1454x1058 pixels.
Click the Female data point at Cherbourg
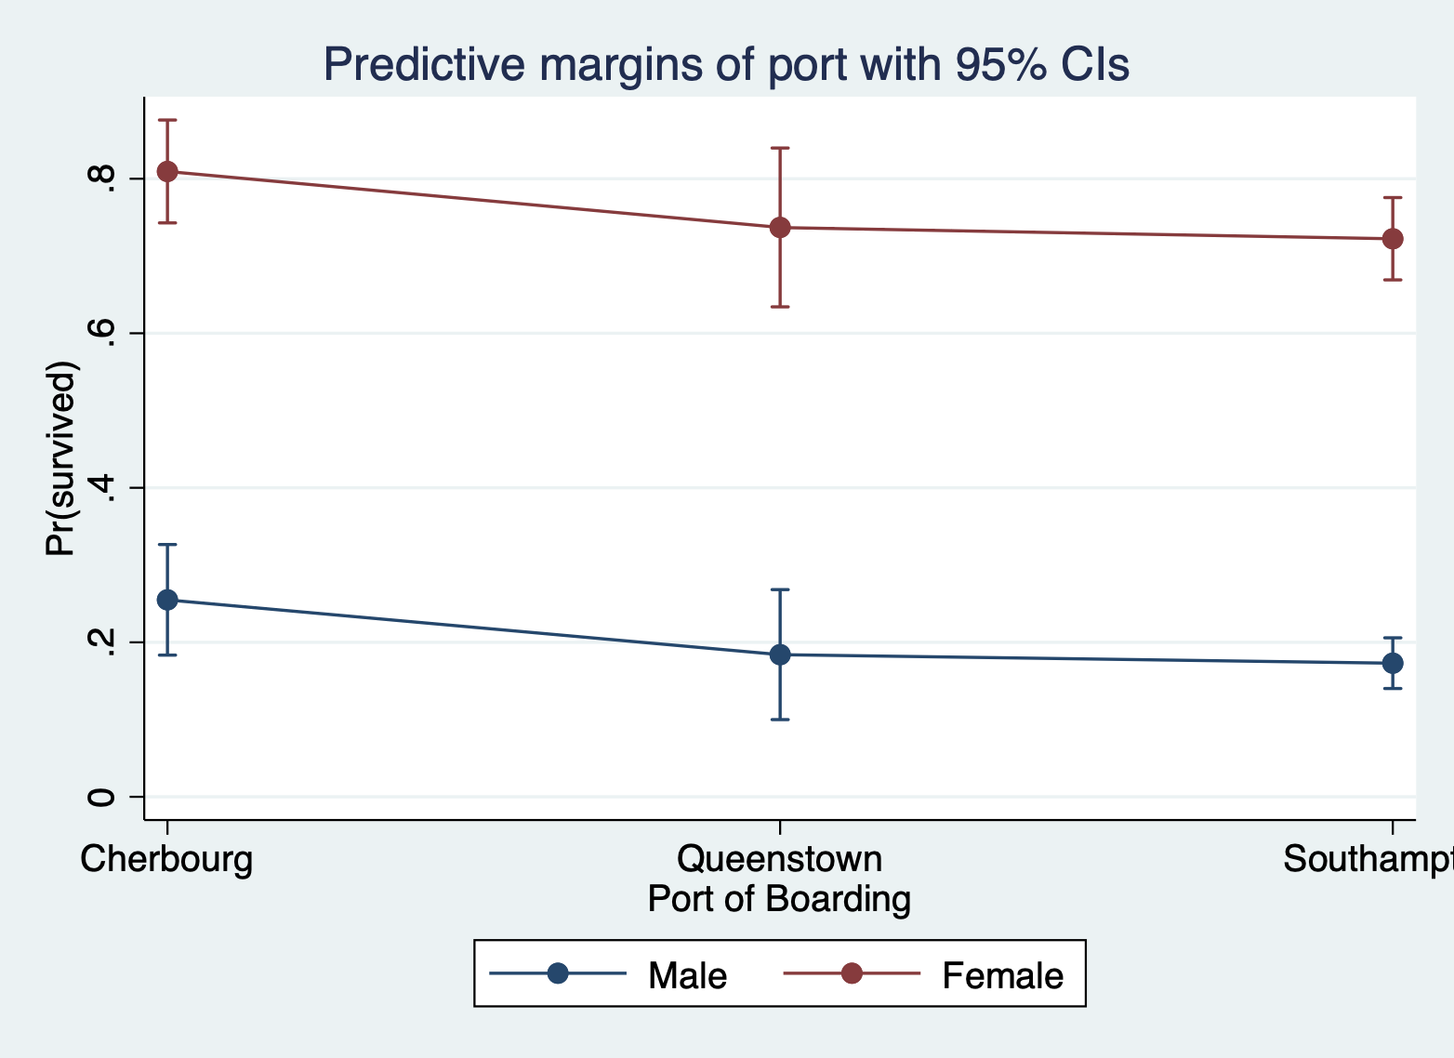tap(167, 172)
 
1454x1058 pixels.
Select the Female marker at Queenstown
tap(780, 228)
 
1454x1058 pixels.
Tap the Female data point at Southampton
tap(1393, 239)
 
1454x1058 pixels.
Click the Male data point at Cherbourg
tap(167, 600)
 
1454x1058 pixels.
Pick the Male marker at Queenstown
tap(780, 655)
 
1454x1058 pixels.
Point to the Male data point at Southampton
tap(1393, 663)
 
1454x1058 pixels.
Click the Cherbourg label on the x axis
tap(166, 859)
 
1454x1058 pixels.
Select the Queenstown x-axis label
tap(779, 859)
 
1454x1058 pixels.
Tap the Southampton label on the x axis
tap(1367, 859)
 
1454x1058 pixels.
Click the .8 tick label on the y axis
tap(101, 179)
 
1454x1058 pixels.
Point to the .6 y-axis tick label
tap(101, 333)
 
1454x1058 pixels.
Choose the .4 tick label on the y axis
tap(101, 487)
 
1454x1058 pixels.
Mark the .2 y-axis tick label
tap(101, 642)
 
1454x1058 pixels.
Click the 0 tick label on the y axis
tap(101, 797)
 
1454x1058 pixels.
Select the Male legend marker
tap(558, 973)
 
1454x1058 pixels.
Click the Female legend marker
tap(852, 973)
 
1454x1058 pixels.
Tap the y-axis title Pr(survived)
tap(61, 457)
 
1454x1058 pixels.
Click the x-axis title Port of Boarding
tap(779, 899)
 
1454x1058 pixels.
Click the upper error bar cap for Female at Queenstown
tap(780, 148)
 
